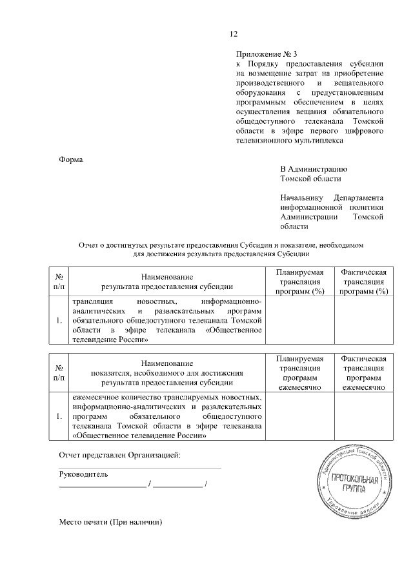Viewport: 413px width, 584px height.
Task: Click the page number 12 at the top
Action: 234,34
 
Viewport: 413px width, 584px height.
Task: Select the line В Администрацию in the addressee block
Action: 314,168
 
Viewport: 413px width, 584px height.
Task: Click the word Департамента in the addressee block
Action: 359,197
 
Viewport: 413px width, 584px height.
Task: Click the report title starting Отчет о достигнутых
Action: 222,246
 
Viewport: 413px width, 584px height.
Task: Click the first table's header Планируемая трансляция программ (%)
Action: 299,281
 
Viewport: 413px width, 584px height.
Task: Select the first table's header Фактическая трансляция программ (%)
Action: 363,281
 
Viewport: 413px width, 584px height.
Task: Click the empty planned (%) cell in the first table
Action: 299,319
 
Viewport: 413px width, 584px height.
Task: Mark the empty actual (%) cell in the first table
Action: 363,319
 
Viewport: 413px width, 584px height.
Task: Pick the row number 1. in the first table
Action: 59,320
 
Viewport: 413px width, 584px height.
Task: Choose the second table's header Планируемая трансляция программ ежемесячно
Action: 299,373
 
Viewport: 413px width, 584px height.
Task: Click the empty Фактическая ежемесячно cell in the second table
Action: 363,416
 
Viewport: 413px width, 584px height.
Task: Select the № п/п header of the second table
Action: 59,373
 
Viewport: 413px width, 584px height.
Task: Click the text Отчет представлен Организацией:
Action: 119,456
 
